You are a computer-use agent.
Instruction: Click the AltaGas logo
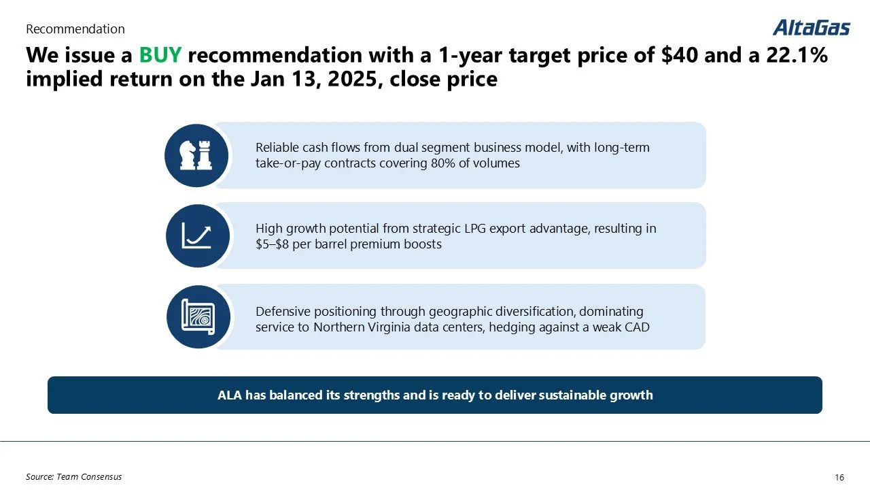point(811,27)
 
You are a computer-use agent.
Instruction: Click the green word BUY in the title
point(160,55)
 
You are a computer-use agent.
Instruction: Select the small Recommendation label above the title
point(75,29)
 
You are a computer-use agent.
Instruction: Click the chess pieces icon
point(196,156)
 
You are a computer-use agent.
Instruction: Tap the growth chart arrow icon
point(197,236)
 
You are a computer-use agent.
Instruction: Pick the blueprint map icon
point(198,317)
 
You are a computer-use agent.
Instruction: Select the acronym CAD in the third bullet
point(638,327)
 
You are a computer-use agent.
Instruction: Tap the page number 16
point(838,478)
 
